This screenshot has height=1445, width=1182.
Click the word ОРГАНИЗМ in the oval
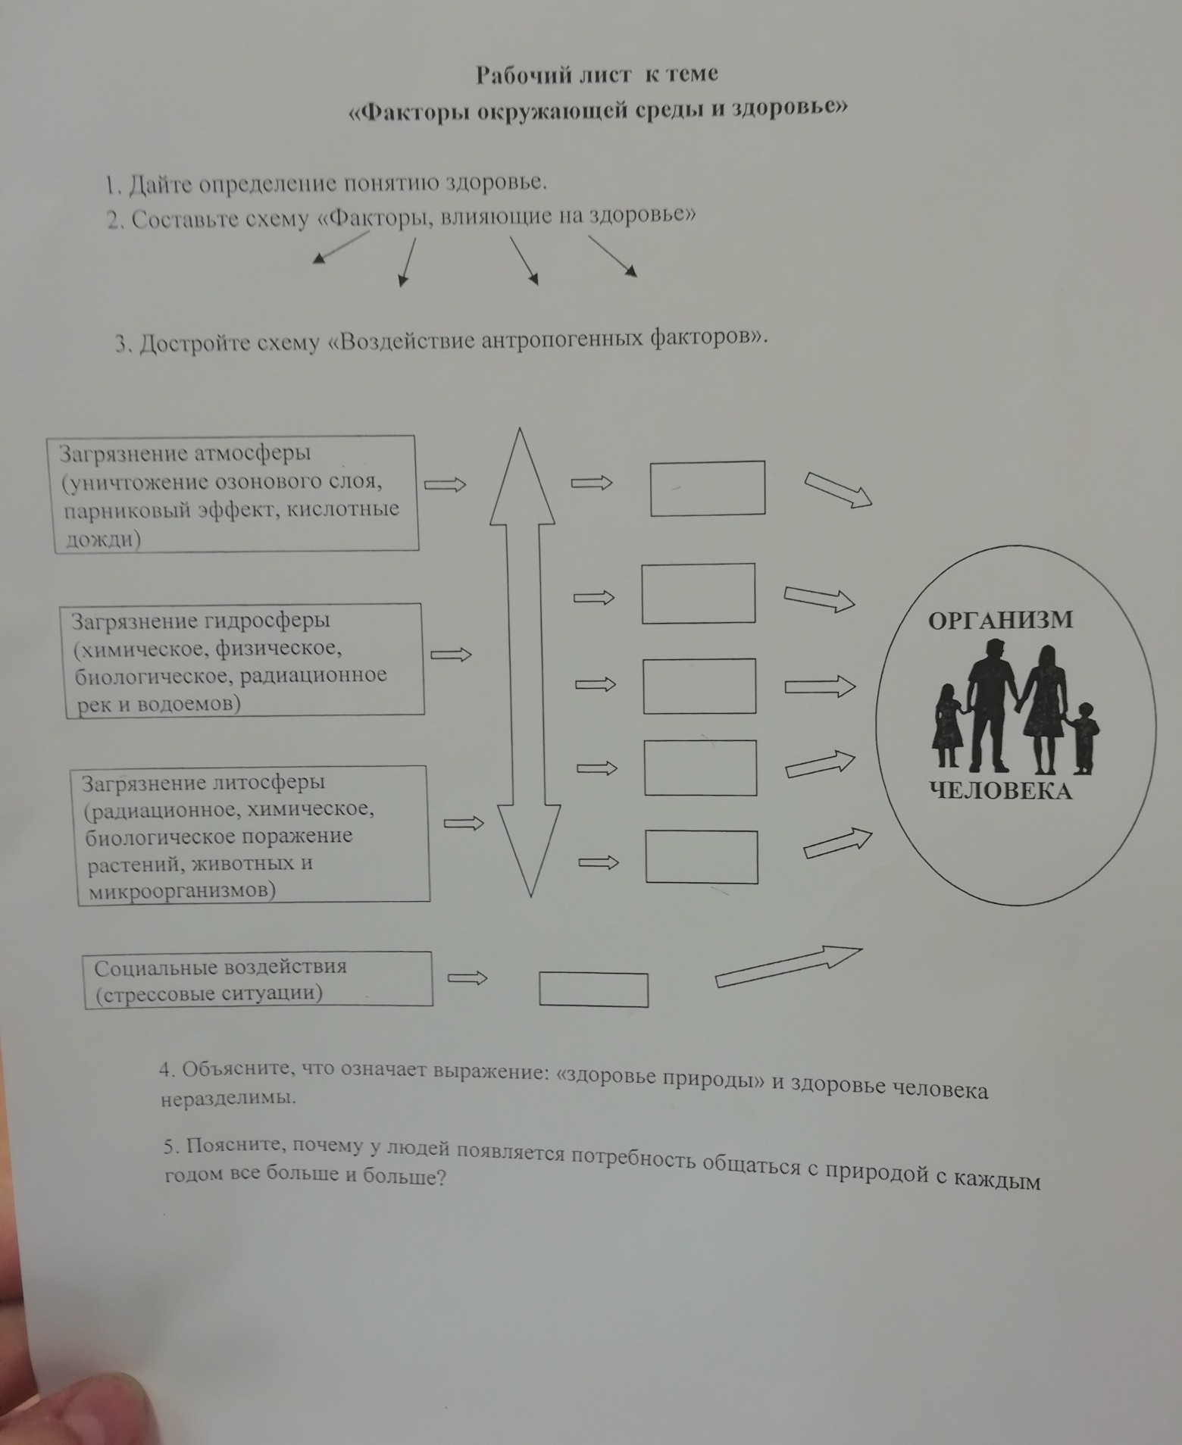pos(1000,619)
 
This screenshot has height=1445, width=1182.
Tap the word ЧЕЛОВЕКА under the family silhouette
pos(1000,791)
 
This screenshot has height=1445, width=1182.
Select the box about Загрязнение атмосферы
pos(236,494)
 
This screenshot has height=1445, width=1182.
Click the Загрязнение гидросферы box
pos(245,660)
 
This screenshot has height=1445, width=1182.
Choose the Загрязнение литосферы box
pos(253,835)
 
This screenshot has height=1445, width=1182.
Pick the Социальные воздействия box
pos(258,979)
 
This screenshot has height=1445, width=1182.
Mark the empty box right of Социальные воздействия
pos(593,990)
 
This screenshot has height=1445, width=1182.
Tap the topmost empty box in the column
pos(708,489)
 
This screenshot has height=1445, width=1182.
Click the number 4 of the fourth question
pos(167,1070)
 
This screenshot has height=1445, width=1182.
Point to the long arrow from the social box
pos(789,966)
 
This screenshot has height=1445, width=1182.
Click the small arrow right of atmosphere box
pos(445,484)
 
